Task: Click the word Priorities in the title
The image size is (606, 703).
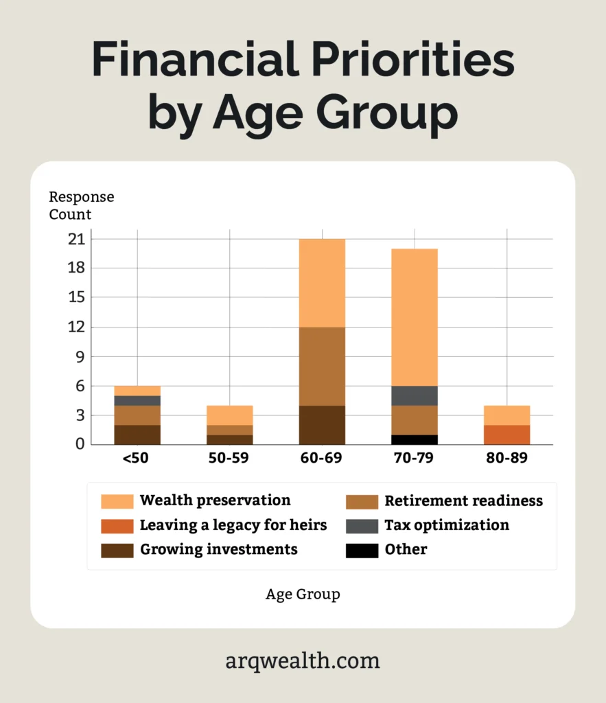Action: [405, 60]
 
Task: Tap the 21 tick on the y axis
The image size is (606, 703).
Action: [76, 239]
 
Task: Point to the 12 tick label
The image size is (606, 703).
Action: [76, 327]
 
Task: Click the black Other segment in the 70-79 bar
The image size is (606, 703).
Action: [415, 439]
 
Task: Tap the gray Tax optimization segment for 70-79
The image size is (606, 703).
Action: [415, 395]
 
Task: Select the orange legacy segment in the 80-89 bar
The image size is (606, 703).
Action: [506, 435]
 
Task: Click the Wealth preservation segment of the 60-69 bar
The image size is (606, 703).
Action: [322, 283]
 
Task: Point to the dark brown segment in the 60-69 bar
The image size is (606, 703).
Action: [322, 425]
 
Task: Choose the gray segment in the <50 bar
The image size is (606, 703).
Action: [137, 400]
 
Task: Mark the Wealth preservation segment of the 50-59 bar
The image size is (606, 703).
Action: [230, 415]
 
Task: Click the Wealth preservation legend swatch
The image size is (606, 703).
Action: [117, 501]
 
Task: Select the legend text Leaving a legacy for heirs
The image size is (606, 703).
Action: [233, 525]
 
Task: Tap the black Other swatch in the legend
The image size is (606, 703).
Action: [361, 550]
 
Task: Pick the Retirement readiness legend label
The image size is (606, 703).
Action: [463, 500]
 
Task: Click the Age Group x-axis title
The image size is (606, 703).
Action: [303, 595]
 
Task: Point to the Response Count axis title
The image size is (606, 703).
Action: [81, 205]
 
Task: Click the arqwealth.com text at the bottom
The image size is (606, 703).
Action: [303, 661]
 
